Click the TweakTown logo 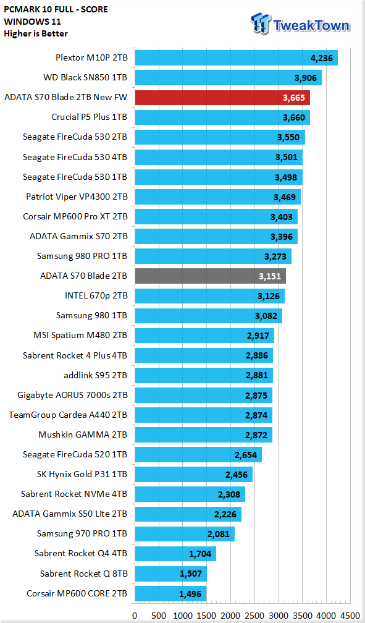coord(300,24)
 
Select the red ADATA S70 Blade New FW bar coord(222,98)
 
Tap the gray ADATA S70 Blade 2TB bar coord(211,276)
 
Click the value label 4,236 coord(321,58)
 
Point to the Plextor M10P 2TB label coord(91,57)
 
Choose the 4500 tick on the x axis coord(350,616)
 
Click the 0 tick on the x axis coord(135,616)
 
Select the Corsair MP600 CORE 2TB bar coord(171,593)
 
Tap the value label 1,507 coord(191,574)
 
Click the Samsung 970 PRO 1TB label coord(82,533)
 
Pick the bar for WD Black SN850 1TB coord(229,77)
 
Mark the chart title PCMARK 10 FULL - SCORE coord(56,9)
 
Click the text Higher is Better coord(36,33)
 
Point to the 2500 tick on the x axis coord(254,616)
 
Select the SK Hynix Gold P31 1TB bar coord(194,475)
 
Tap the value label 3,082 coord(266,316)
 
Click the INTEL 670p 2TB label coord(96,295)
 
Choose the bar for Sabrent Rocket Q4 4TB coord(175,554)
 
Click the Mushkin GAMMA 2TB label coord(83,434)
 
